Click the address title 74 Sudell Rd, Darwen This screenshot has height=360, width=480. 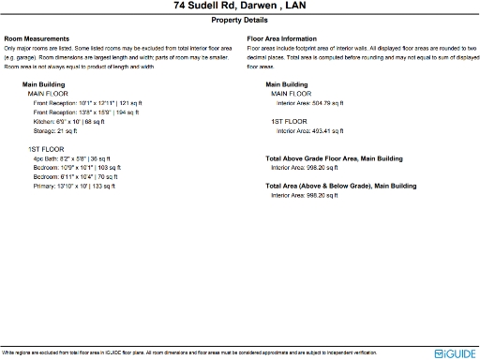pos(239,6)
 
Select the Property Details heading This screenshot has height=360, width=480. pos(239,19)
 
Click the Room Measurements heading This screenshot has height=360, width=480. pos(38,38)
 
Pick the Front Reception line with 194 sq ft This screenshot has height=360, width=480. pos(87,112)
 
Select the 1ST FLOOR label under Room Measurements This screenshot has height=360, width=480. pos(47,149)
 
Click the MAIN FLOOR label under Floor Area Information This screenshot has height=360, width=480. pos(292,94)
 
